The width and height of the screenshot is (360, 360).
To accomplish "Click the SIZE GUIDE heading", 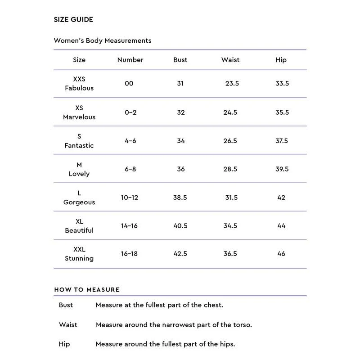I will pyautogui.click(x=73, y=20).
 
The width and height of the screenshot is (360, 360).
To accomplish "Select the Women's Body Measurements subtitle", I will pyautogui.click(x=103, y=40).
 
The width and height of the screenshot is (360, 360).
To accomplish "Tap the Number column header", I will pyautogui.click(x=130, y=60).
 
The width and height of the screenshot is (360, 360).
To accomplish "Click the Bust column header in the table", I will pyautogui.click(x=180, y=60).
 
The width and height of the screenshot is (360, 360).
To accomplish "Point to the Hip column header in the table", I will pyautogui.click(x=281, y=60).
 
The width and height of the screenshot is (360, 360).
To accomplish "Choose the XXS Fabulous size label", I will pyautogui.click(x=79, y=84).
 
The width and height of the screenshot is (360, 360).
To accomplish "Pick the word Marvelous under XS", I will pyautogui.click(x=79, y=117).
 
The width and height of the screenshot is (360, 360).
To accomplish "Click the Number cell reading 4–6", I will pyautogui.click(x=130, y=141).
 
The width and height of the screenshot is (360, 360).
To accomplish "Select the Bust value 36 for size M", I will pyautogui.click(x=180, y=169).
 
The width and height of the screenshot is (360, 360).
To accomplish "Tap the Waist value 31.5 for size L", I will pyautogui.click(x=231, y=198).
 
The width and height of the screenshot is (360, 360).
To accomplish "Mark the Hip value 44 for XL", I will pyautogui.click(x=282, y=226).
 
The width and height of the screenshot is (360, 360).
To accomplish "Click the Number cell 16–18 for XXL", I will pyautogui.click(x=129, y=254).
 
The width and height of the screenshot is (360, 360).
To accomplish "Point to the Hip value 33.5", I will pyautogui.click(x=282, y=84).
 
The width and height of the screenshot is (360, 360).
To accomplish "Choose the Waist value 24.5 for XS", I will pyautogui.click(x=230, y=112).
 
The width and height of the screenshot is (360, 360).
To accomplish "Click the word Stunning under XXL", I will pyautogui.click(x=79, y=258).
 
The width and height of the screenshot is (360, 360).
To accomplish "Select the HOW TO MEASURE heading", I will pyautogui.click(x=87, y=290).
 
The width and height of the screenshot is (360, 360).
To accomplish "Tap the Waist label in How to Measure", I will pyautogui.click(x=68, y=324).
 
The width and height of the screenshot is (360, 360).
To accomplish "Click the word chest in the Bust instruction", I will pyautogui.click(x=213, y=305).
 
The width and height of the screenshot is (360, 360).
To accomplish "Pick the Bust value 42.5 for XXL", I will pyautogui.click(x=181, y=254).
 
